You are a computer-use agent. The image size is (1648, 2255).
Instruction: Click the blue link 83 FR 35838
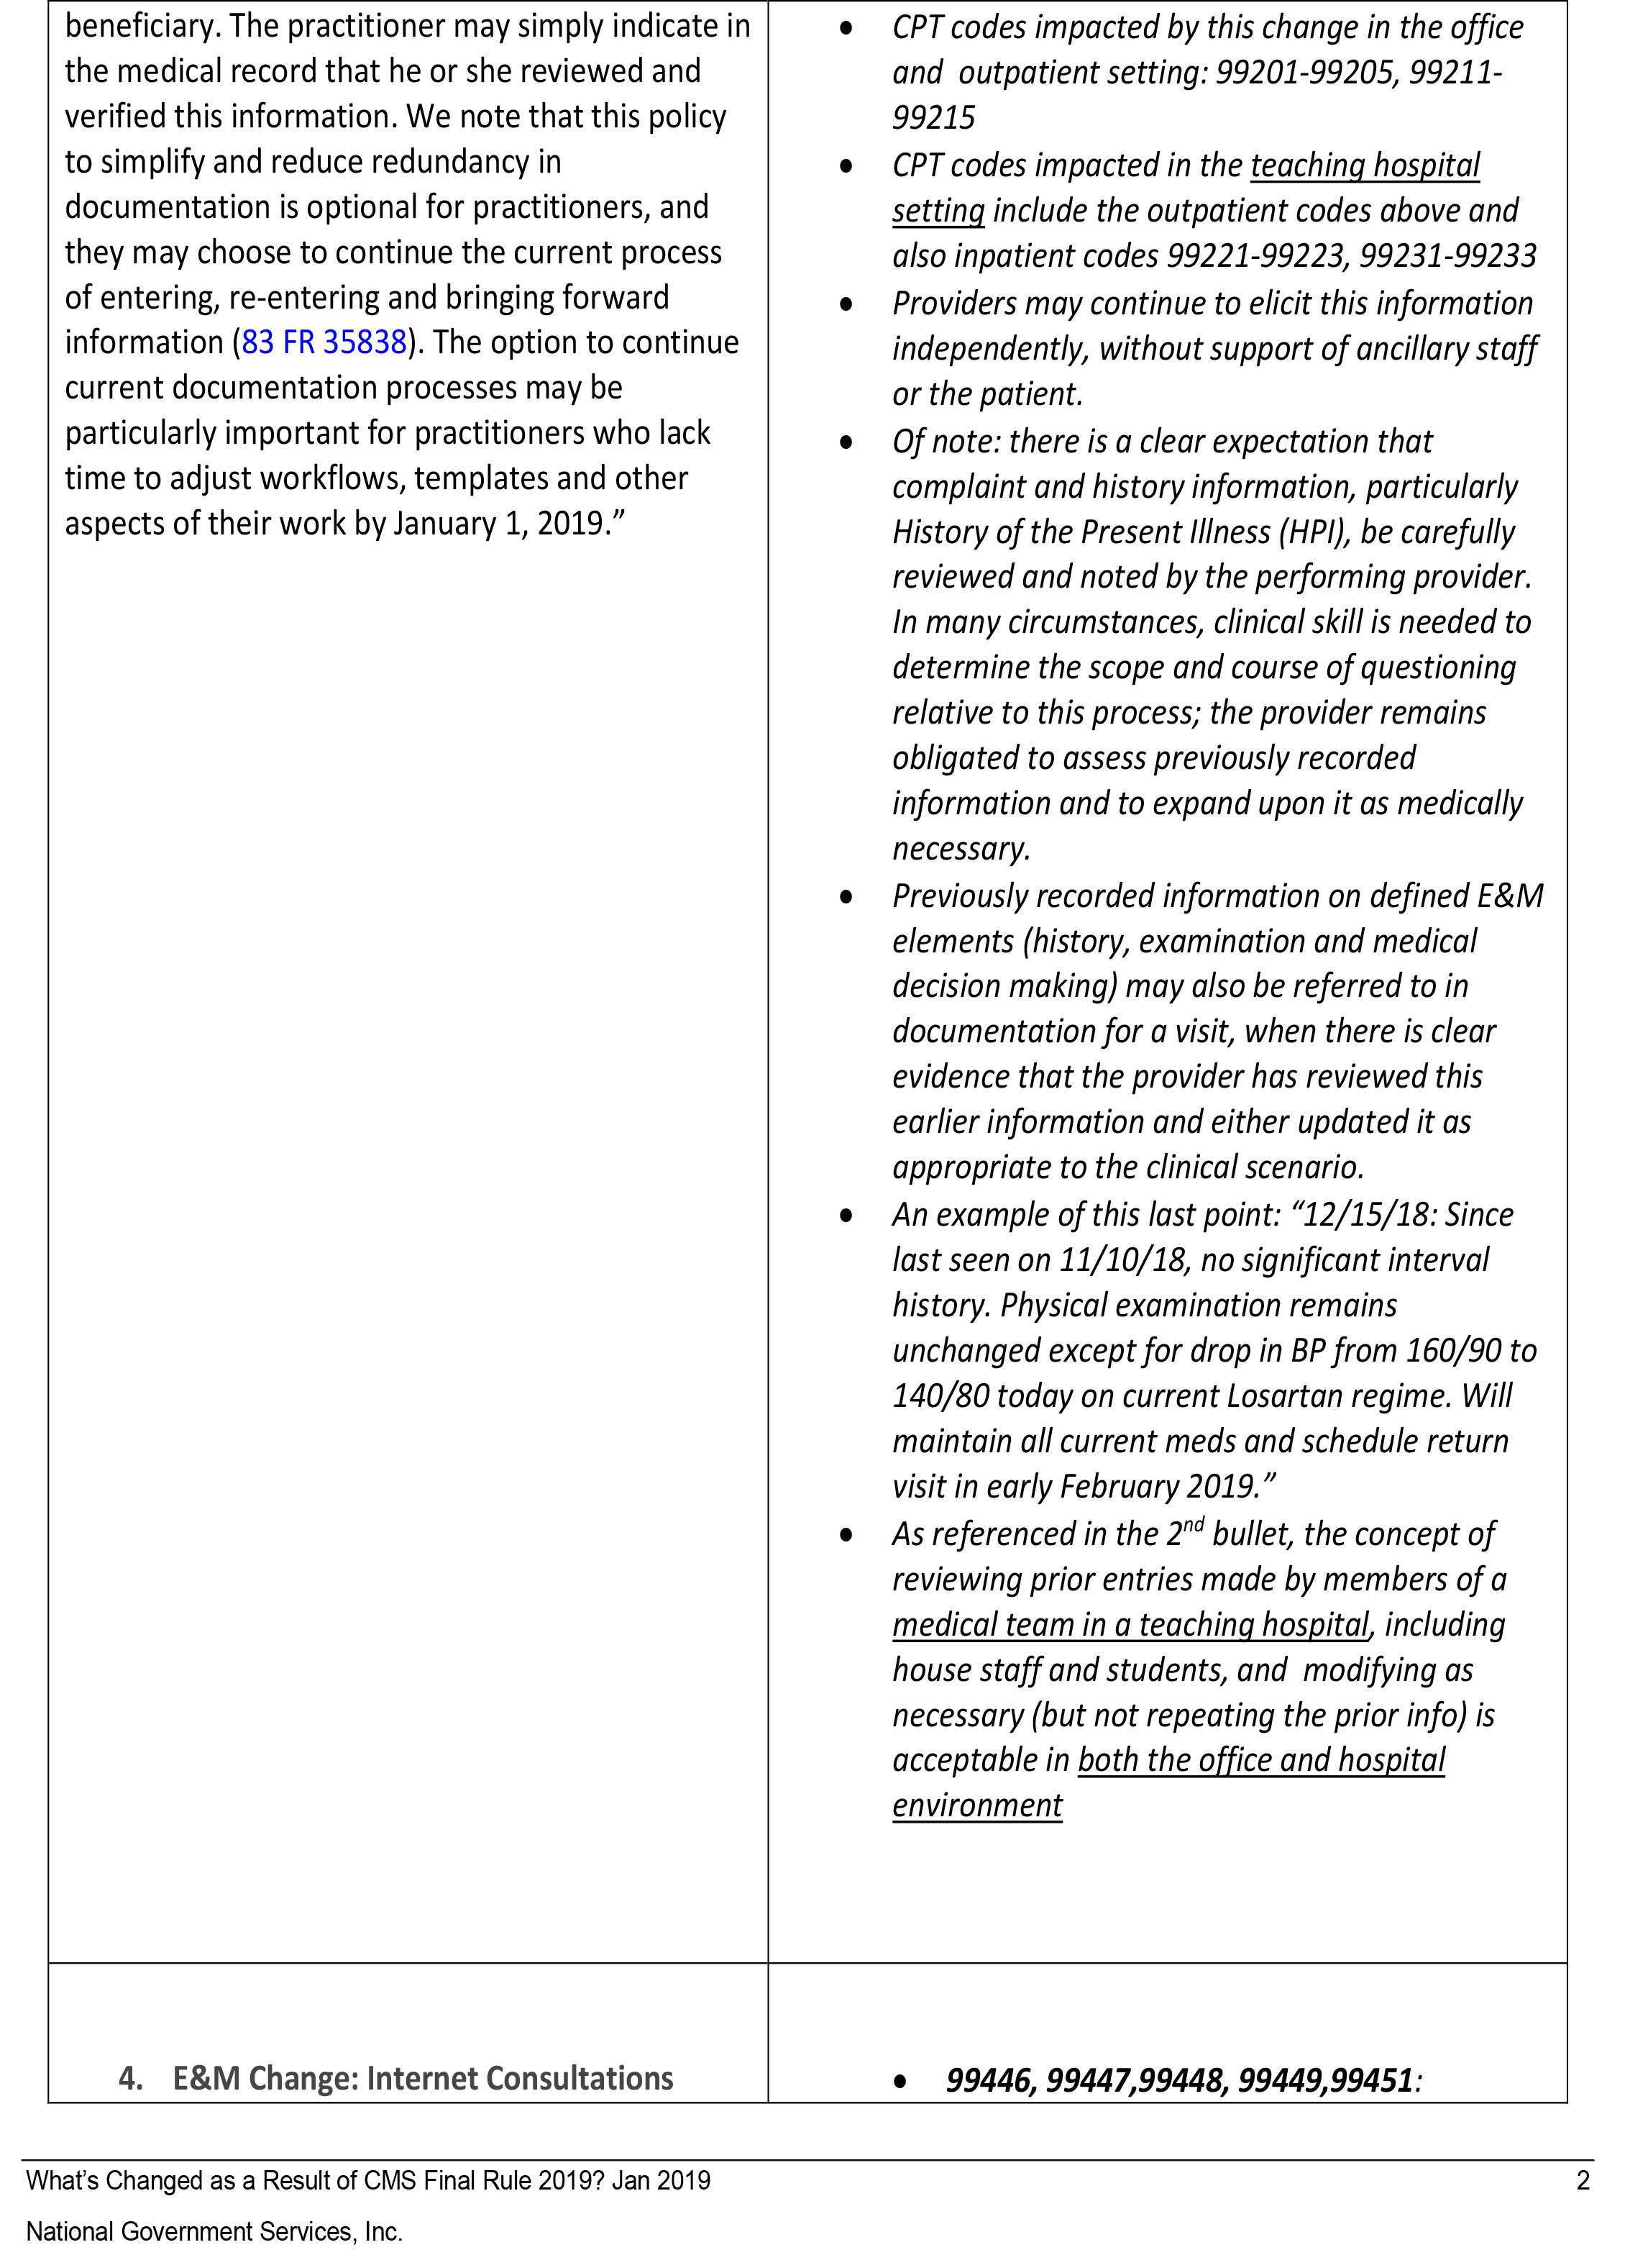point(324,342)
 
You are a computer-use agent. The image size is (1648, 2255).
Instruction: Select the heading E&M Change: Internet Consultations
point(423,2078)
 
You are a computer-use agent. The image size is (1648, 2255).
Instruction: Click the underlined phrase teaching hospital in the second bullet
point(1365,165)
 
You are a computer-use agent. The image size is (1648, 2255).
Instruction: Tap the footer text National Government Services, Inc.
point(214,2232)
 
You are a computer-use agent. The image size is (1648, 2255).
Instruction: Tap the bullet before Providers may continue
point(846,304)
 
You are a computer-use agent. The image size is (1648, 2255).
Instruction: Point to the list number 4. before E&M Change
point(129,2078)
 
